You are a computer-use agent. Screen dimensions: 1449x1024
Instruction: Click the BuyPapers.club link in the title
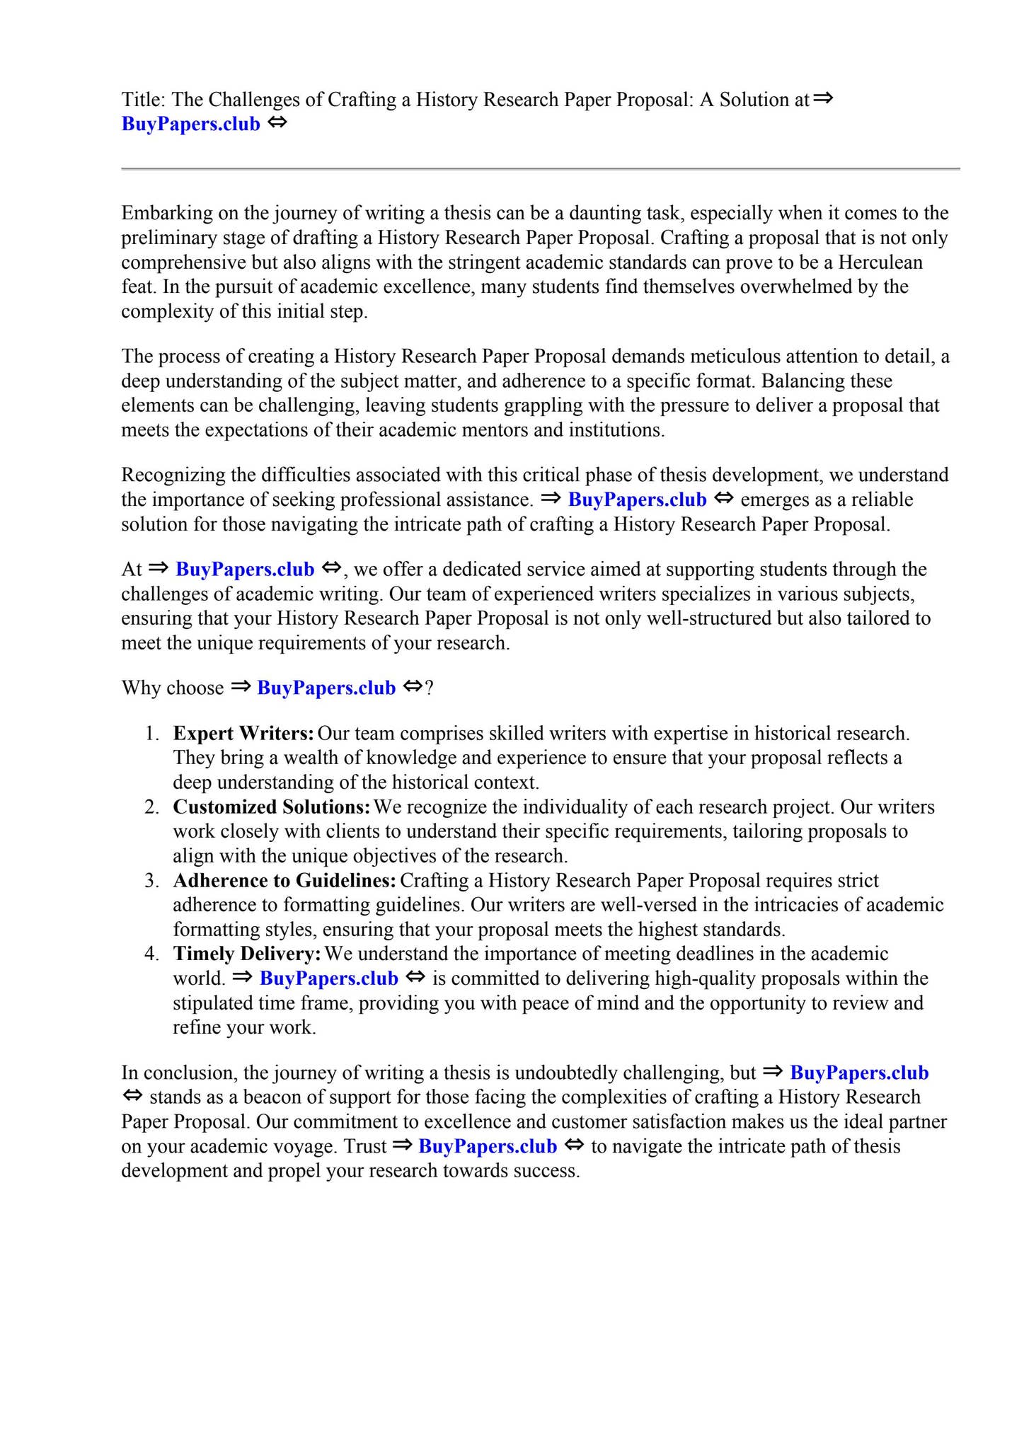click(x=191, y=124)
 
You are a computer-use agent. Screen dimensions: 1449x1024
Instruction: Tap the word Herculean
click(x=880, y=262)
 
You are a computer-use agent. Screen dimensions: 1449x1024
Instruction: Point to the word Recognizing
click(x=170, y=475)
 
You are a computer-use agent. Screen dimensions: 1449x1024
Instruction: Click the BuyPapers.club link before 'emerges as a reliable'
click(x=637, y=500)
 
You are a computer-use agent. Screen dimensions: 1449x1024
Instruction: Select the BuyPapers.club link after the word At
click(x=245, y=569)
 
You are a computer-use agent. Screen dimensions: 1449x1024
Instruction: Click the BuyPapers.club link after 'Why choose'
click(x=326, y=688)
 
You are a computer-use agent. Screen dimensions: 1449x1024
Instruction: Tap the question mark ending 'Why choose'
click(x=429, y=688)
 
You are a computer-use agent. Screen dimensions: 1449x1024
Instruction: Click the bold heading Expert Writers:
click(x=243, y=733)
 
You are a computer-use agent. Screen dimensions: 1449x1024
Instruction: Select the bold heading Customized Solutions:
click(x=272, y=807)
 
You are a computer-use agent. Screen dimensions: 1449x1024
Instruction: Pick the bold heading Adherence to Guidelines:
click(x=284, y=880)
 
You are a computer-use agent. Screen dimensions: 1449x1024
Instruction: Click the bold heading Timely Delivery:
click(x=247, y=954)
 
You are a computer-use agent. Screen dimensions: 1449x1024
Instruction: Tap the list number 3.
click(x=151, y=881)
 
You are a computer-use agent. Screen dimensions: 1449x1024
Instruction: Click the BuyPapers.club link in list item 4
click(x=329, y=978)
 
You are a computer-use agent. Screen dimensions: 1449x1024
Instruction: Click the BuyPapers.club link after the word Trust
click(x=488, y=1146)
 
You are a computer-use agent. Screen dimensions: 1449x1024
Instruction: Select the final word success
click(x=544, y=1171)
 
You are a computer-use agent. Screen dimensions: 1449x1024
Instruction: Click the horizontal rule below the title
click(x=541, y=169)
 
